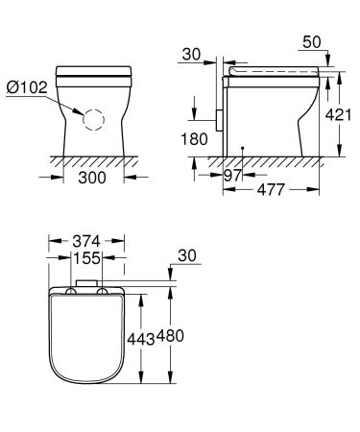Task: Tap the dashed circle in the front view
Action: click(93, 118)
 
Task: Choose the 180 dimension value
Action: click(195, 139)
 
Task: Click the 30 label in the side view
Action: click(193, 55)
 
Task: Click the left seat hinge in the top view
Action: click(71, 292)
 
